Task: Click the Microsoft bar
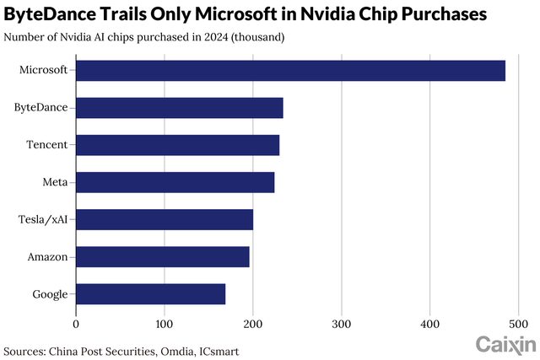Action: [x=290, y=71]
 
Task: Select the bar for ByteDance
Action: [x=180, y=108]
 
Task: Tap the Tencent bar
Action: [x=177, y=145]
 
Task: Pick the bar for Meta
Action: [x=175, y=182]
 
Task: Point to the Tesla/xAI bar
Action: [x=165, y=219]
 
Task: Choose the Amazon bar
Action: [x=163, y=256]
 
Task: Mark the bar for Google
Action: [x=151, y=293]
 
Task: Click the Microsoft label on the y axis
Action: [x=43, y=71]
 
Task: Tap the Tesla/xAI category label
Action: [x=43, y=219]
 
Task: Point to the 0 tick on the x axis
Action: [x=77, y=322]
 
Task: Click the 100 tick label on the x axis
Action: [x=165, y=322]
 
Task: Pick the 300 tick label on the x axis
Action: [x=342, y=322]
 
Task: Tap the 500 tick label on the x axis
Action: [x=518, y=322]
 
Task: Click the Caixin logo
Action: [x=505, y=344]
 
